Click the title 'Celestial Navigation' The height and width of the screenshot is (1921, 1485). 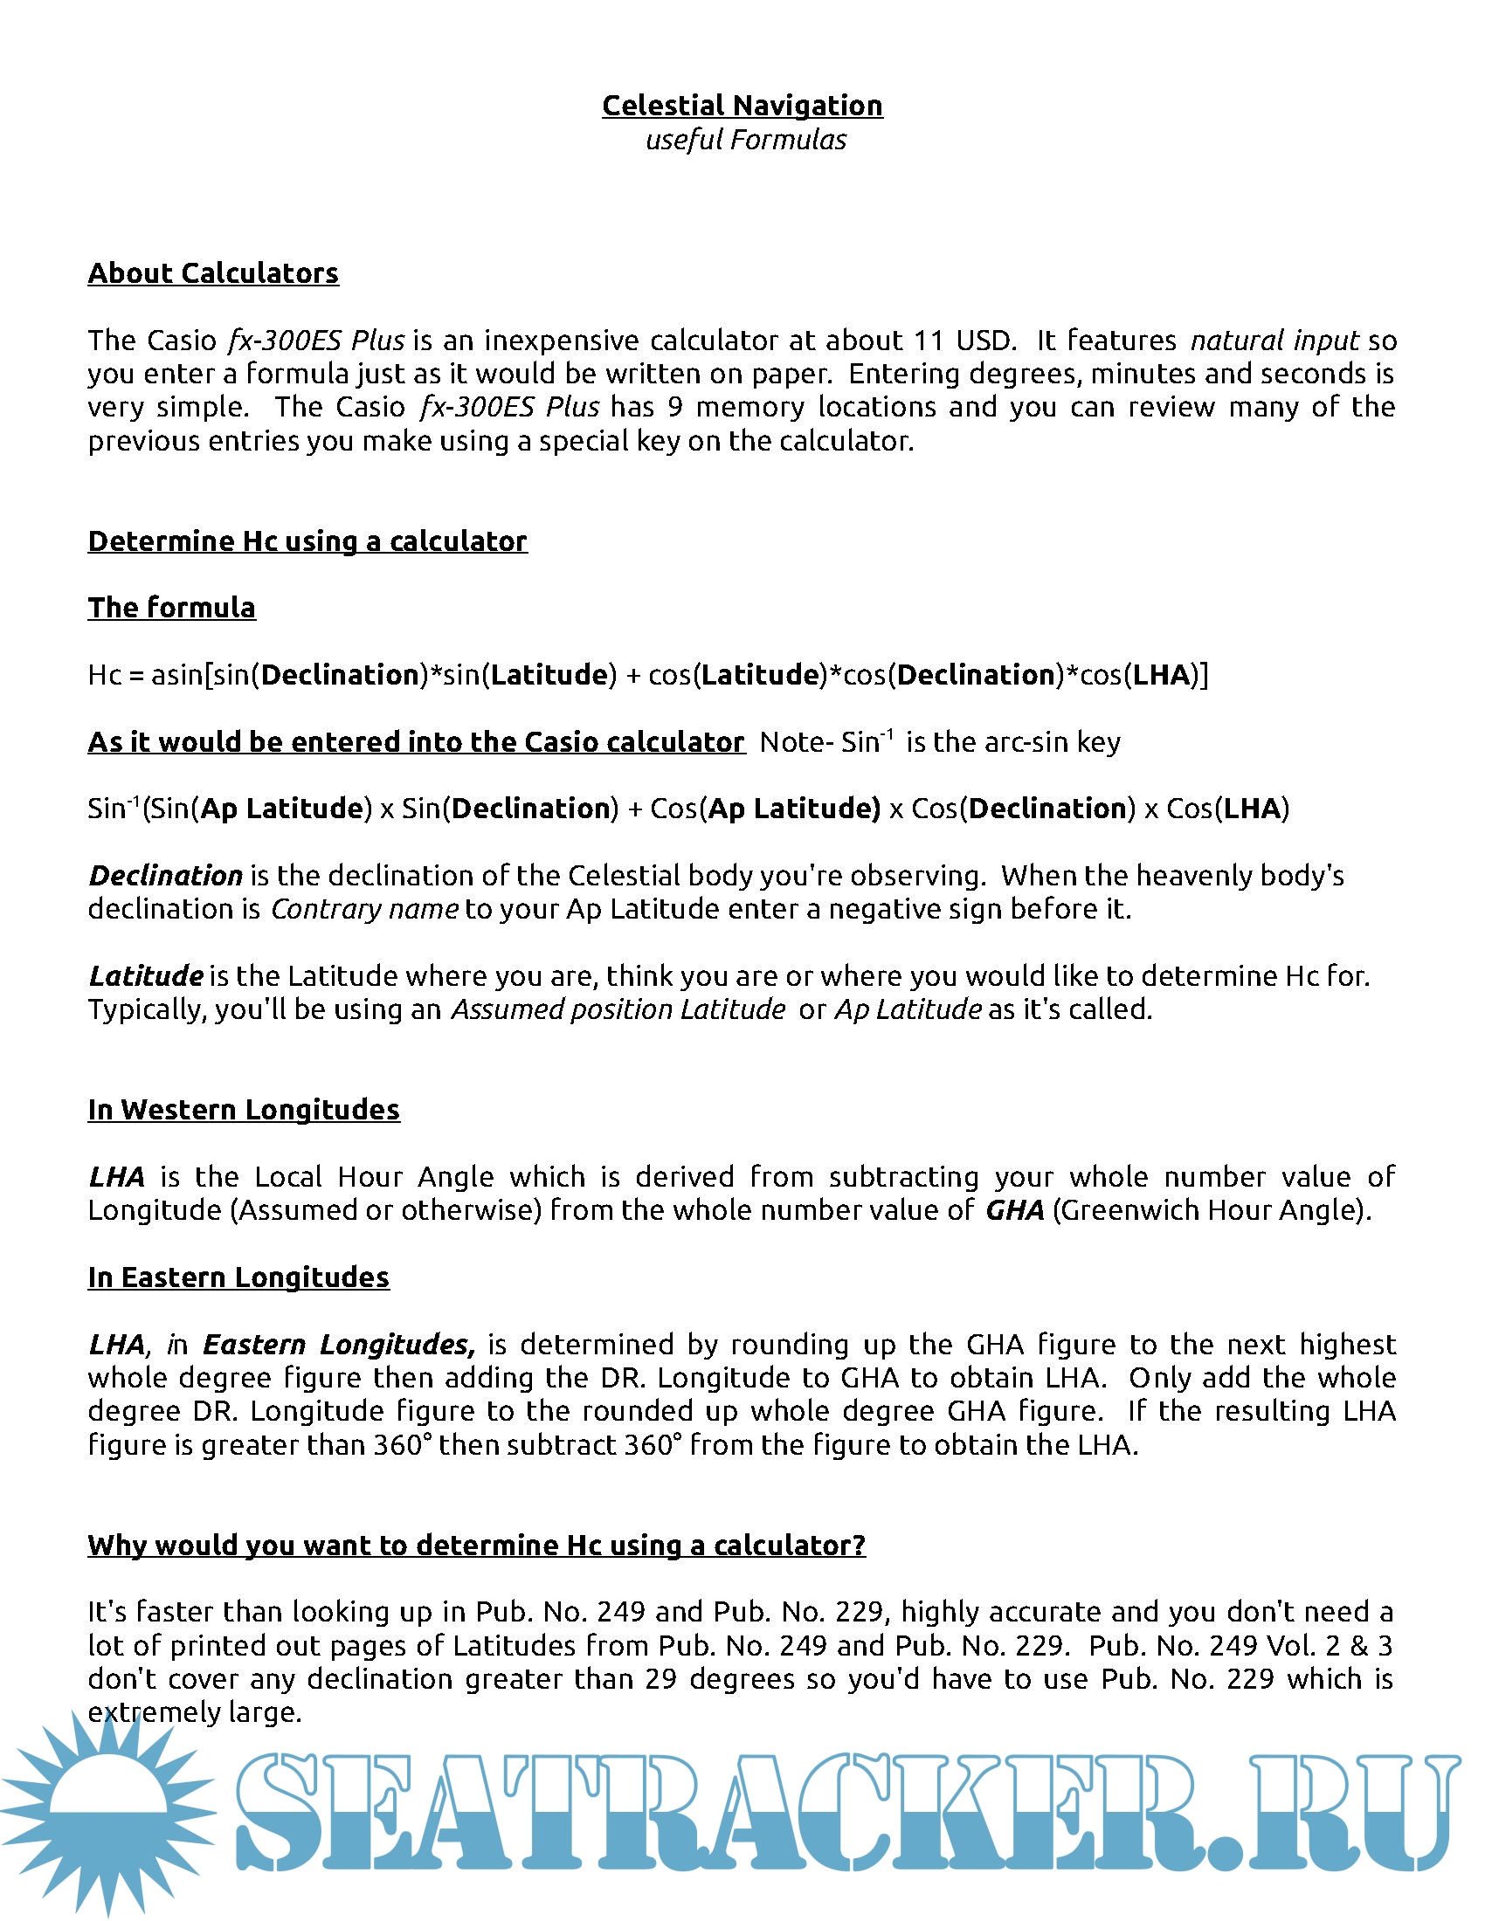point(742,106)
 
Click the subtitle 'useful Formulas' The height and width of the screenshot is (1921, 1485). point(745,140)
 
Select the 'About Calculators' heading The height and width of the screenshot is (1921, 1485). point(213,273)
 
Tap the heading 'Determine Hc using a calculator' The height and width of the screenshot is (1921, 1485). point(307,541)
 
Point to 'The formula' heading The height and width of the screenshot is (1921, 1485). point(171,608)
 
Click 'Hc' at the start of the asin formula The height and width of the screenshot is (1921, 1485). point(104,675)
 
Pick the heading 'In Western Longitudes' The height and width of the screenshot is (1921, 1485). point(244,1110)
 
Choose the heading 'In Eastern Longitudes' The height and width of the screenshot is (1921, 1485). point(238,1277)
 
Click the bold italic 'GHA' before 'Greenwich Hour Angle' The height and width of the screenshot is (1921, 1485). point(1014,1210)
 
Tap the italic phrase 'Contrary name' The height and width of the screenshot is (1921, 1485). point(363,909)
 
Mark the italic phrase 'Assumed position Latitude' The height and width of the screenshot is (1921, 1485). point(618,1009)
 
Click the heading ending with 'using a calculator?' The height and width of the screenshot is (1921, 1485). point(476,1545)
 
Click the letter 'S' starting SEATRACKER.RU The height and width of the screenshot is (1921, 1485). point(281,1812)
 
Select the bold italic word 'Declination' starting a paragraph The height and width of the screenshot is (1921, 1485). point(165,875)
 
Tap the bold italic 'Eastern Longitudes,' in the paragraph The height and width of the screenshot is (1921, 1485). point(339,1344)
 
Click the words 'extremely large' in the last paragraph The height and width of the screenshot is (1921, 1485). point(195,1711)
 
